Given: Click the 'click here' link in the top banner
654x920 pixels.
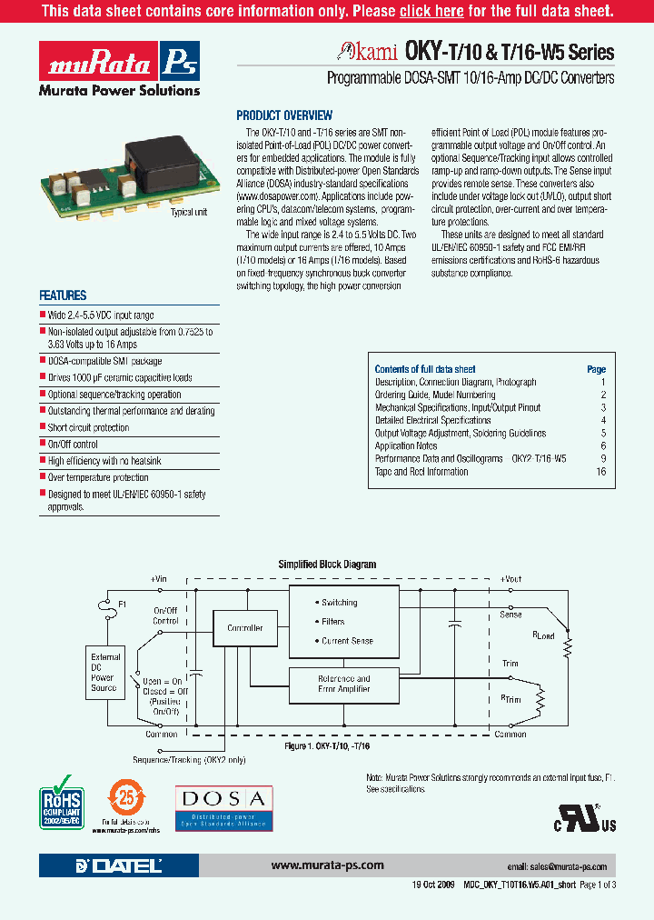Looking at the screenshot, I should [x=431, y=12].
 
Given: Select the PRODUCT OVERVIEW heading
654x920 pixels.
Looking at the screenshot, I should [x=284, y=115].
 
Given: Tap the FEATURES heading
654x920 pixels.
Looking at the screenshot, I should [x=63, y=295].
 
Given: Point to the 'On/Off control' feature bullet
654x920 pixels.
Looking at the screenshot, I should [x=73, y=445].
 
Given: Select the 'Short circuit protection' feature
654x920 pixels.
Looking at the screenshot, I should [x=88, y=427].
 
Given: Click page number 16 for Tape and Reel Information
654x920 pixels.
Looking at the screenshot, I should [x=600, y=472].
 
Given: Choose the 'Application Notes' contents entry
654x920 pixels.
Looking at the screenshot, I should [x=406, y=446].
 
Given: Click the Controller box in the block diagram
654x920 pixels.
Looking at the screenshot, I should [x=244, y=628].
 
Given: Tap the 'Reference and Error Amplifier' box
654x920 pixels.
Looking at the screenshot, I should [x=343, y=684].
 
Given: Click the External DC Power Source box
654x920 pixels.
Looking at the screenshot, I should [x=104, y=673].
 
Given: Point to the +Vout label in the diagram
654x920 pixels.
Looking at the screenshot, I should [x=510, y=578].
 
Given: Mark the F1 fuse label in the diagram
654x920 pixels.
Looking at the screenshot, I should [x=124, y=603].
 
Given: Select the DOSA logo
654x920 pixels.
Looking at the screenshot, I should [x=223, y=805].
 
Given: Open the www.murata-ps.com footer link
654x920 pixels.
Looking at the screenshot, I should [x=327, y=865].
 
